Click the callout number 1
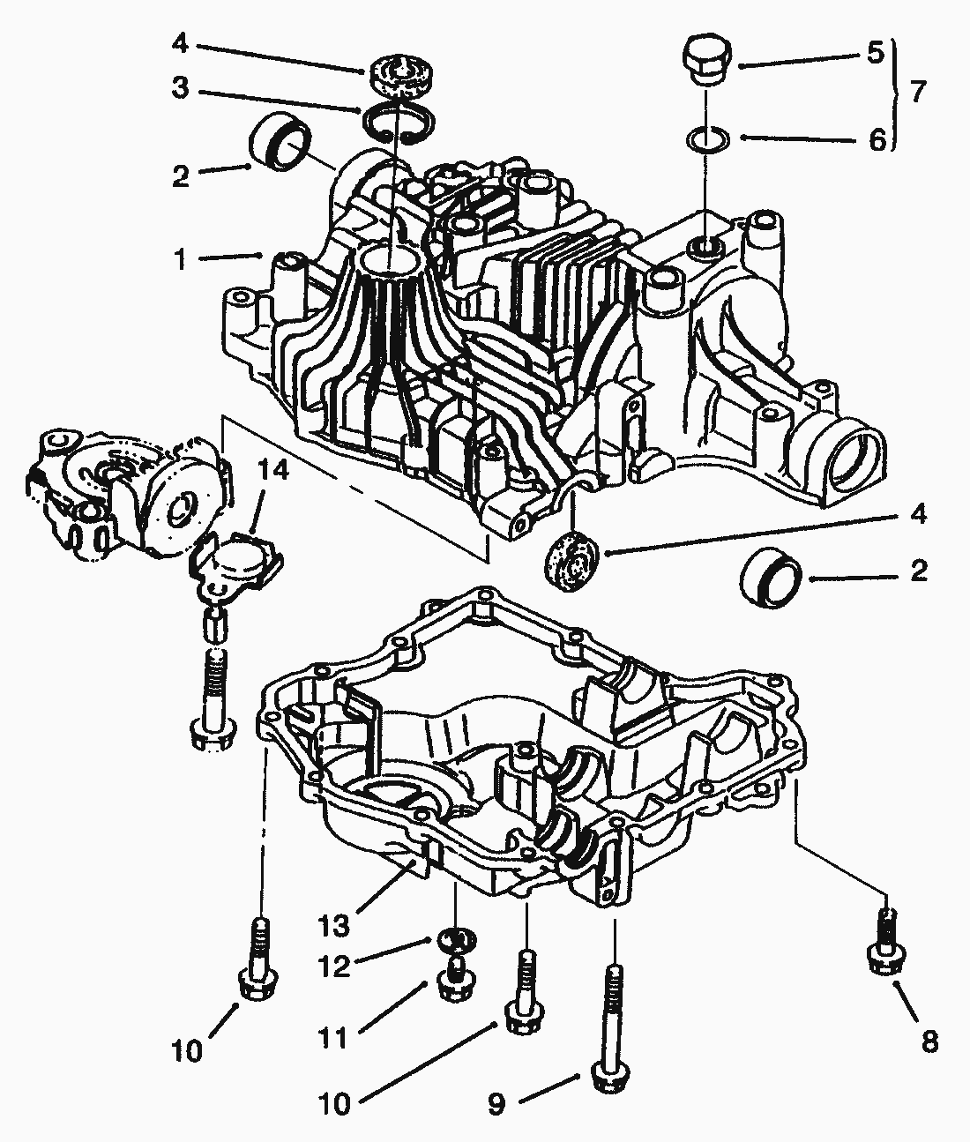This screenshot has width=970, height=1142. [x=181, y=260]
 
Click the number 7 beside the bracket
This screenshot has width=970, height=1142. [x=918, y=91]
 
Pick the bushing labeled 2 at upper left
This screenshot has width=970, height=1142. [x=280, y=142]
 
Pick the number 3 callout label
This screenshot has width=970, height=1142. [x=180, y=90]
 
